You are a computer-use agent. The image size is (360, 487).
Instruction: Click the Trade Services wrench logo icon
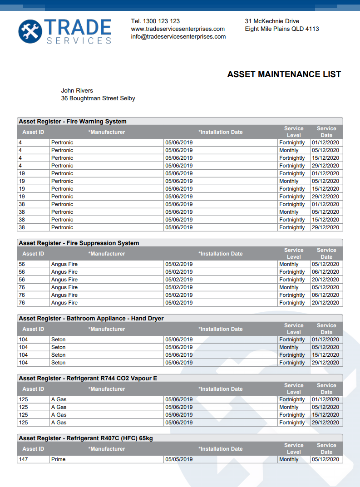click(x=30, y=31)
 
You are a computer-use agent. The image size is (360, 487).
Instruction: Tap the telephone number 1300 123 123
click(x=161, y=21)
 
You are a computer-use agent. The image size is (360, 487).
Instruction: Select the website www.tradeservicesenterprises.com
click(x=178, y=29)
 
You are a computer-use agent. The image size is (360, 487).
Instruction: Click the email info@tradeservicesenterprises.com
click(x=178, y=37)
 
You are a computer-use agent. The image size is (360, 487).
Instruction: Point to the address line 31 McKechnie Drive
click(x=272, y=21)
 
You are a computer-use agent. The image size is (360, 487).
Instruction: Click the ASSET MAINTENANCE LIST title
click(x=284, y=74)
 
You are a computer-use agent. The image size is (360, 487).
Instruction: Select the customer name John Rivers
click(x=77, y=91)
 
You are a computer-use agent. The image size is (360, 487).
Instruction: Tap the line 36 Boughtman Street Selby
click(x=98, y=98)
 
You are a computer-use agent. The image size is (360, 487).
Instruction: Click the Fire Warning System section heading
click(x=73, y=122)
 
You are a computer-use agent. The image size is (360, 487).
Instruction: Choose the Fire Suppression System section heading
click(x=79, y=243)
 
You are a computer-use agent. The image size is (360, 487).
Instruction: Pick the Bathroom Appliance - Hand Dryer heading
click(x=91, y=319)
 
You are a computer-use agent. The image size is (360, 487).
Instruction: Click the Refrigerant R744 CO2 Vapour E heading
click(x=88, y=379)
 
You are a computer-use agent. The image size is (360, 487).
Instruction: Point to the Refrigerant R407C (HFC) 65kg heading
click(x=86, y=438)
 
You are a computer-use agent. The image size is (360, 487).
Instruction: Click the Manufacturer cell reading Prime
click(x=59, y=459)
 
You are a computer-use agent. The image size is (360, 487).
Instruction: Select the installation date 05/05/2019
click(x=179, y=459)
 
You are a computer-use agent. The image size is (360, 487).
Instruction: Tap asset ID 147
click(x=24, y=459)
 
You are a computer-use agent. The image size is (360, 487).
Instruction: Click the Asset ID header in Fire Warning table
click(x=34, y=132)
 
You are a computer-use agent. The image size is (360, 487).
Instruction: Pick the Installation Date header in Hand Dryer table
click(x=221, y=329)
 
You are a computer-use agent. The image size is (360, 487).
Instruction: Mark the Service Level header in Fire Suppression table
click(x=294, y=253)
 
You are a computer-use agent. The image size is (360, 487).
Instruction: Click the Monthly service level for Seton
click(x=289, y=347)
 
